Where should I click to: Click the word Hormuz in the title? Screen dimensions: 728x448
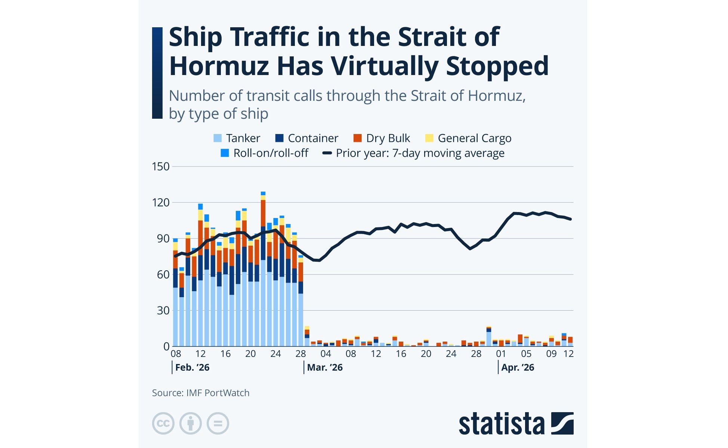click(x=219, y=66)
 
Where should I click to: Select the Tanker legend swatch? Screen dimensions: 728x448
click(x=218, y=138)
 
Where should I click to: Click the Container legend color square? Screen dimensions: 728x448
click(x=280, y=138)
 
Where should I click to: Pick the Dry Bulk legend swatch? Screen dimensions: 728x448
click(x=358, y=138)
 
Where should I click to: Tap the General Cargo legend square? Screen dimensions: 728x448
click(x=429, y=138)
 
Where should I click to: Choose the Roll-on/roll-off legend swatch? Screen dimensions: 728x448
click(x=225, y=153)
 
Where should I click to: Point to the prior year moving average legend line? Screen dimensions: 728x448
click(x=327, y=153)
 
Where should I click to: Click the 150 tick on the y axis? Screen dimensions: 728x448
click(x=161, y=167)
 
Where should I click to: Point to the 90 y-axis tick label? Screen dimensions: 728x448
click(x=163, y=239)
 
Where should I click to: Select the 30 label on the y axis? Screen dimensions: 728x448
click(x=163, y=311)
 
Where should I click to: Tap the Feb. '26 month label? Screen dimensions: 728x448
click(x=192, y=368)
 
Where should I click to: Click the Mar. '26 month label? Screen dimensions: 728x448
click(x=325, y=368)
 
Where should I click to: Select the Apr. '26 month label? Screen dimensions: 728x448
click(x=518, y=368)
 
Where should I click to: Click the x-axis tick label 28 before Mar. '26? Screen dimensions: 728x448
click(x=300, y=354)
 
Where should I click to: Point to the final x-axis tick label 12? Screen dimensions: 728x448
click(x=568, y=354)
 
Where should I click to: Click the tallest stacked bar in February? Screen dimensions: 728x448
click(x=263, y=269)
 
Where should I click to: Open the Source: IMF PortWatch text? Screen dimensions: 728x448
click(x=201, y=393)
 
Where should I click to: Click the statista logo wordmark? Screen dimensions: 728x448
click(x=502, y=424)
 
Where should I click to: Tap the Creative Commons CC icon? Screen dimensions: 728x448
click(x=163, y=423)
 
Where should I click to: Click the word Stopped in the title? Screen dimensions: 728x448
click(x=497, y=66)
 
